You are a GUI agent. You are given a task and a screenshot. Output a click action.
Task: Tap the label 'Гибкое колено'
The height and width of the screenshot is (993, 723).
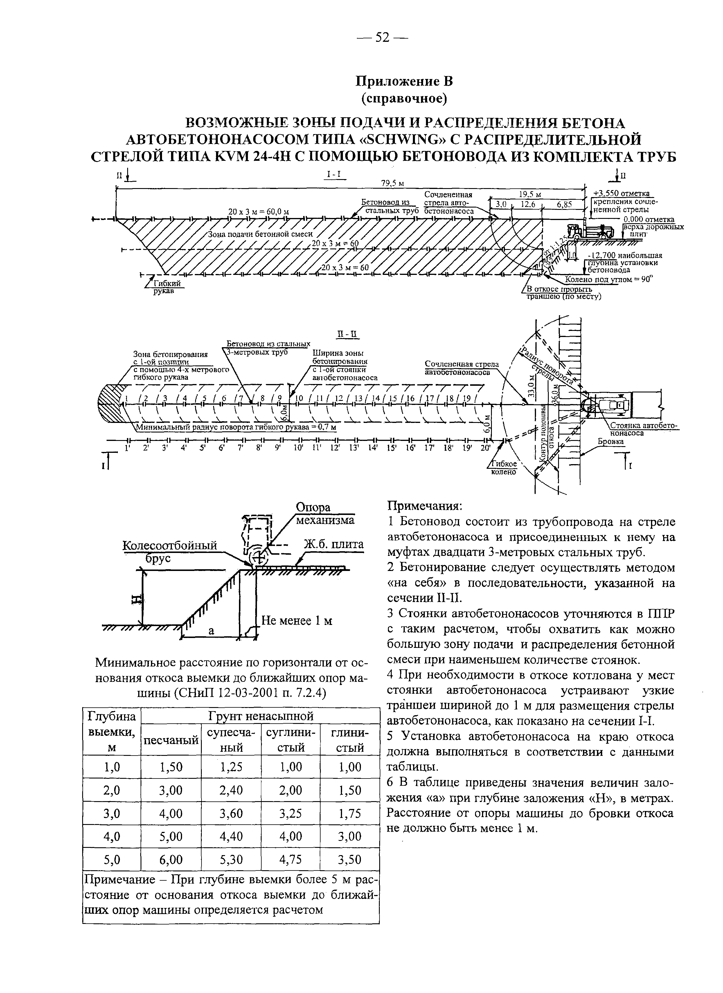(x=504, y=468)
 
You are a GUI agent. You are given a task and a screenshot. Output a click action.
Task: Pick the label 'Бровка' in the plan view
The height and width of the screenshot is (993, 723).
(x=611, y=442)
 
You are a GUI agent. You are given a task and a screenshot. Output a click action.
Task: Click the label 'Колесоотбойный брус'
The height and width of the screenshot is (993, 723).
(x=170, y=551)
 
